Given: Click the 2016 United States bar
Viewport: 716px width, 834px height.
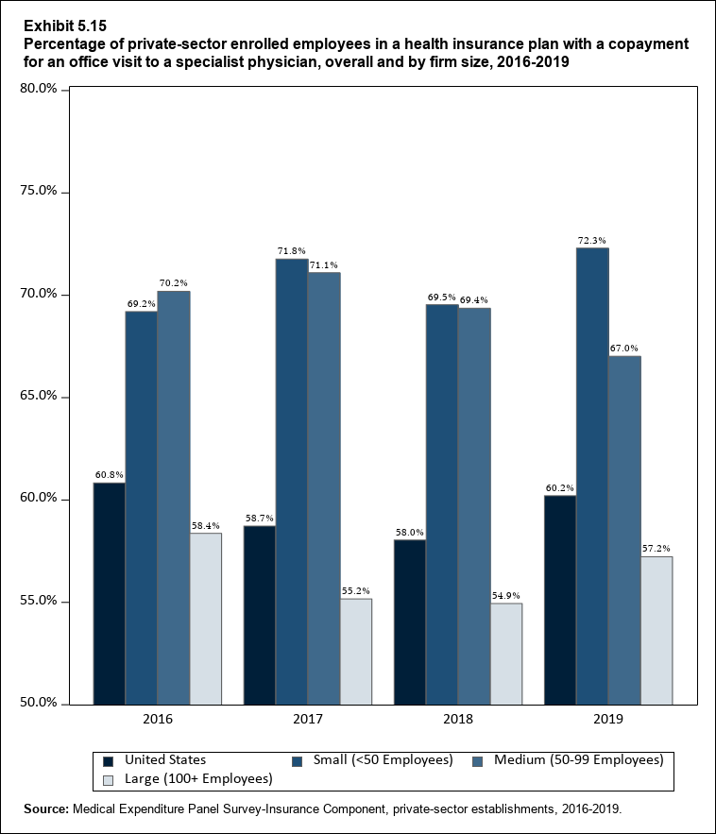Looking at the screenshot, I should pos(109,593).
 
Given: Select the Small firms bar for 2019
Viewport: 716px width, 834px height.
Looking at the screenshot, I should pos(592,475).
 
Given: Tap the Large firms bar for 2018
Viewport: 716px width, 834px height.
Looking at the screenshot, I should pos(505,653).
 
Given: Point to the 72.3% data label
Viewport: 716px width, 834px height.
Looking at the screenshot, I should pos(592,241).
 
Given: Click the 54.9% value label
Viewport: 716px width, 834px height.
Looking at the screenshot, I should pos(505,596).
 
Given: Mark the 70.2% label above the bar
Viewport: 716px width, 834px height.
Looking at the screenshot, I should pos(174,283).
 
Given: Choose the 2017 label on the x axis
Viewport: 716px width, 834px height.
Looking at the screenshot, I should pos(308,720).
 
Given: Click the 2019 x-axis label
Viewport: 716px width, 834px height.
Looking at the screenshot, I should pos(608,720).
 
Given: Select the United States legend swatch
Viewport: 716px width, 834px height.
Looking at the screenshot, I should pos(109,759).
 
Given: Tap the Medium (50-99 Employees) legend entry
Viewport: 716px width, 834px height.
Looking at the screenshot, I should pos(578,759).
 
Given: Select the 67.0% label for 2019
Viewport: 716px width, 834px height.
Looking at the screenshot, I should pos(624,349).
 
